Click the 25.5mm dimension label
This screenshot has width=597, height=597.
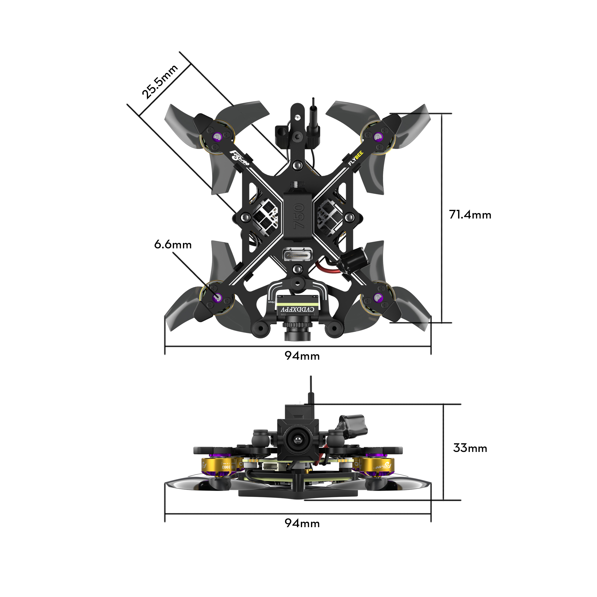(x=159, y=81)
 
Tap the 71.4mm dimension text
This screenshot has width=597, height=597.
(x=470, y=215)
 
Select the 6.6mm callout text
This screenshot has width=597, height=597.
(x=173, y=245)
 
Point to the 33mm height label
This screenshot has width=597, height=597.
(x=470, y=448)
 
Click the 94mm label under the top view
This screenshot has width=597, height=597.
(x=302, y=356)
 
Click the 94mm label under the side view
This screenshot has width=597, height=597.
(x=302, y=523)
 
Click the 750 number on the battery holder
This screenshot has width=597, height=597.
(x=298, y=216)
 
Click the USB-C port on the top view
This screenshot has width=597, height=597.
(x=298, y=255)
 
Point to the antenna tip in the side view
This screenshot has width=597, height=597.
(x=311, y=378)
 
